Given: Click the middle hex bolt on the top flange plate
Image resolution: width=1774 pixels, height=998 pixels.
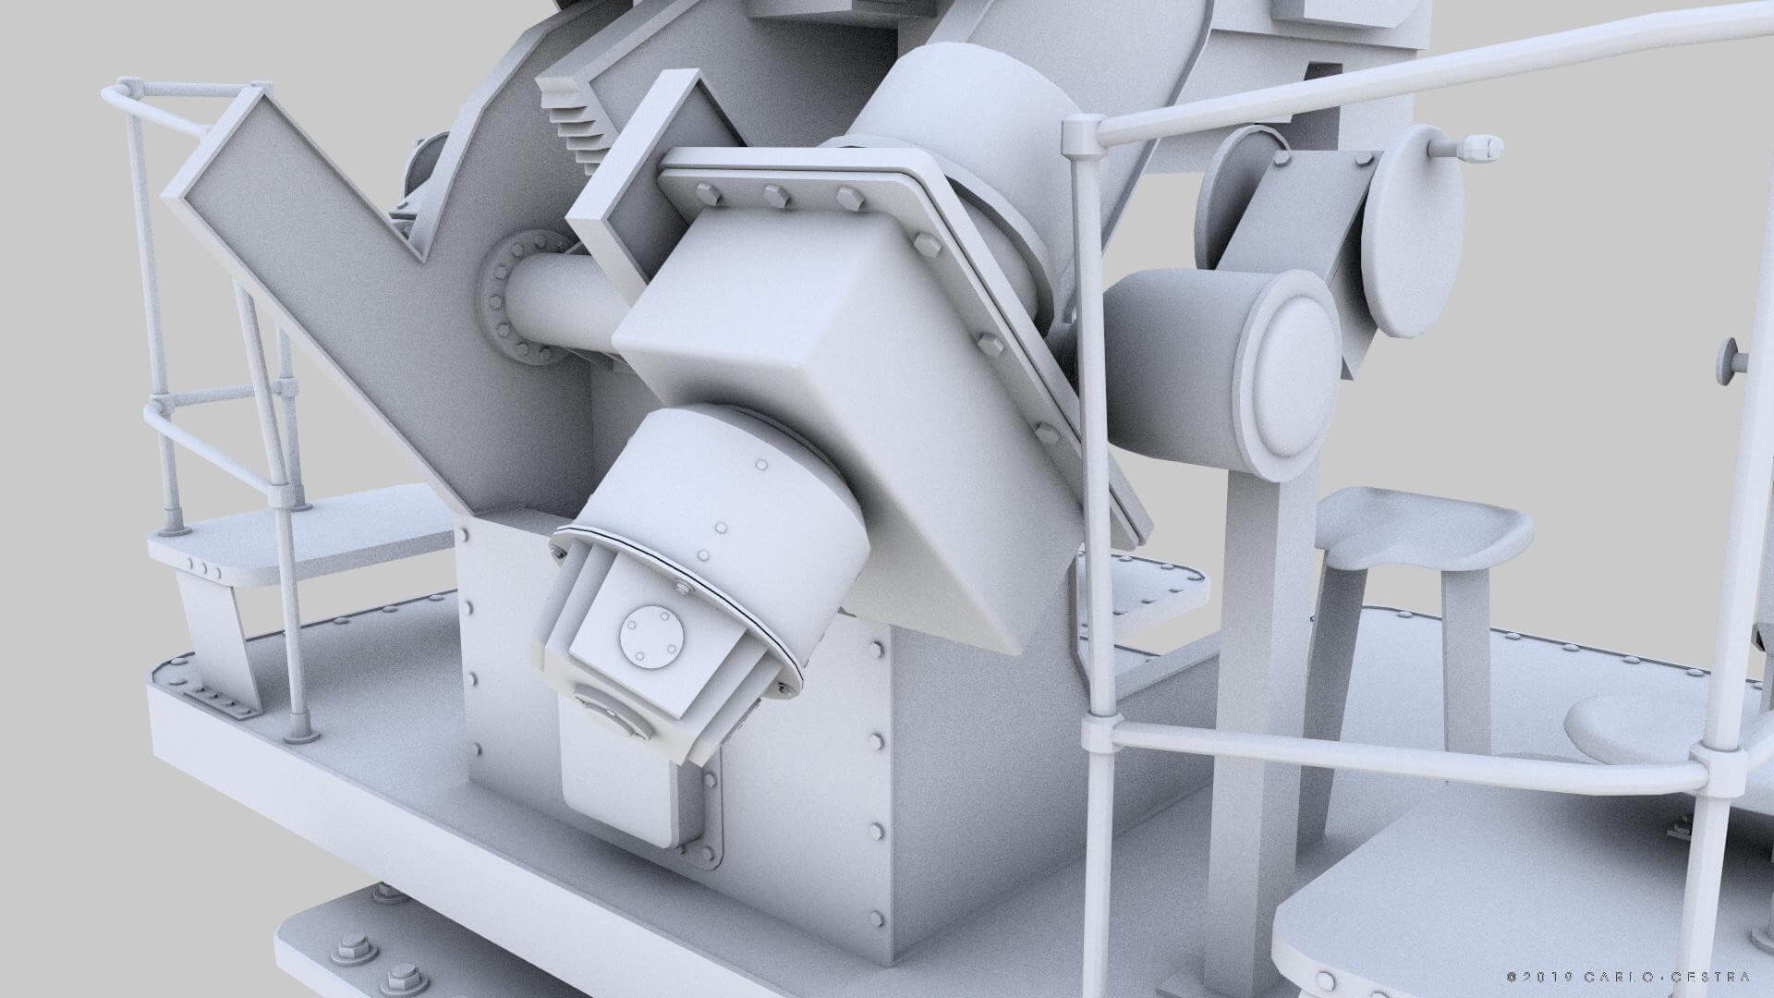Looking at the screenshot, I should [x=774, y=196].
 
